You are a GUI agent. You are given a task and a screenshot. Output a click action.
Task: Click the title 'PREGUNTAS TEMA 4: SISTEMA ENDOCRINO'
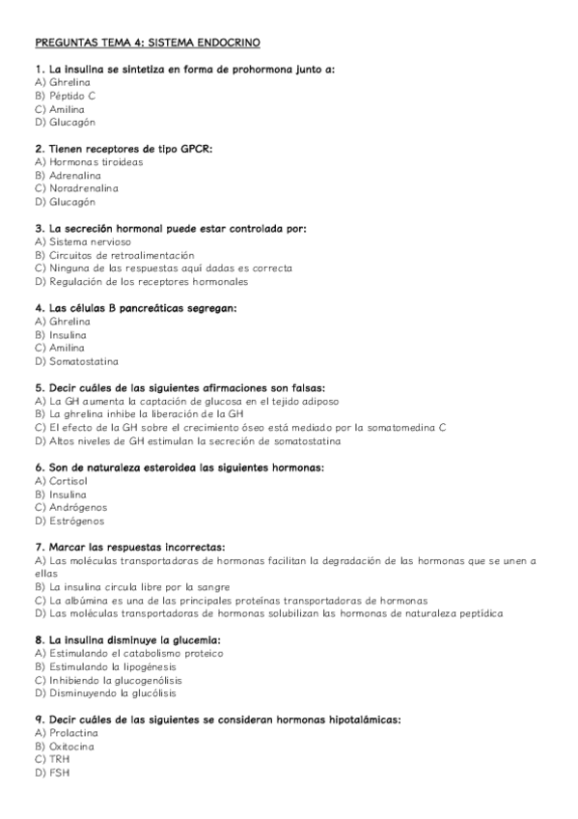pos(147,43)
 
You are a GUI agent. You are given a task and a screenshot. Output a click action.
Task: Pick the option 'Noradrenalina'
pos(76,188)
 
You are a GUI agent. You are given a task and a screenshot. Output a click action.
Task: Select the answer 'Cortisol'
pos(67,480)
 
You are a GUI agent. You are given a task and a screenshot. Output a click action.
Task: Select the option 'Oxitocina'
pos(67,746)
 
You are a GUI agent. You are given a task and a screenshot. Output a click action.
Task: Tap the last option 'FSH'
pos(59,773)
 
